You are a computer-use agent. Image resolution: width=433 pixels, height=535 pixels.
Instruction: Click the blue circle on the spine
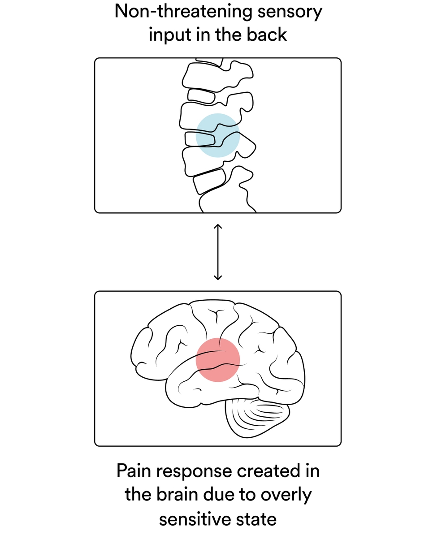pyautogui.click(x=217, y=135)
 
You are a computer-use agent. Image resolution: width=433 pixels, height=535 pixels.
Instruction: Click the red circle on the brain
pyautogui.click(x=218, y=359)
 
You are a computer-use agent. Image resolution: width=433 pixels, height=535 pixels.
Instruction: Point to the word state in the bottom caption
pyautogui.click(x=257, y=519)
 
